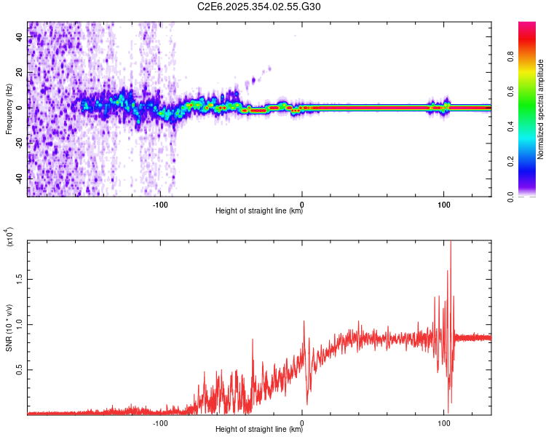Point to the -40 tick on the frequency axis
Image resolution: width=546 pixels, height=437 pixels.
pos(20,178)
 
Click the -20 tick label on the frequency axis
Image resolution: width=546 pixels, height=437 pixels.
pos(20,143)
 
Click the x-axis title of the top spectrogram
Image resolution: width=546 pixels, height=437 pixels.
pos(259,211)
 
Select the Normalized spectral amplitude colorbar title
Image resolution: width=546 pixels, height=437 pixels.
pos(541,109)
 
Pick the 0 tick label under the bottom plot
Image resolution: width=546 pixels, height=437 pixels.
pos(302,420)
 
